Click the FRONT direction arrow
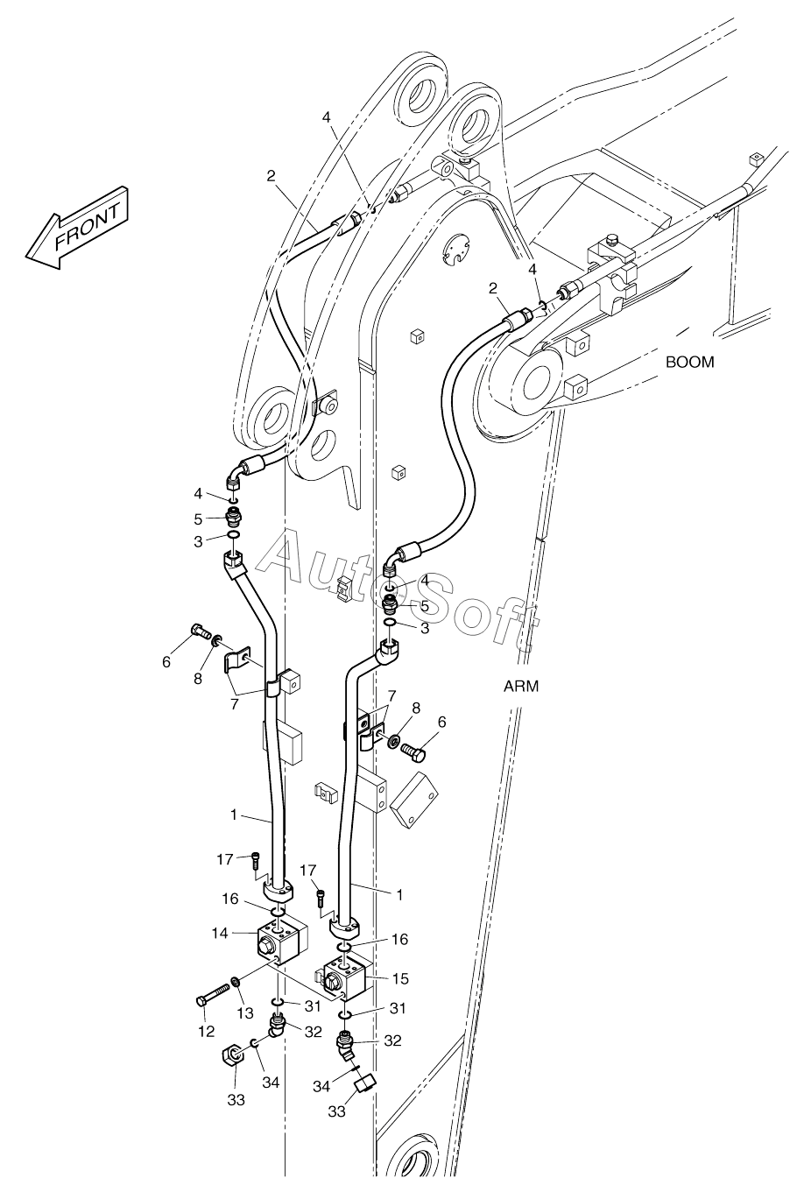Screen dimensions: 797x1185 click(x=77, y=228)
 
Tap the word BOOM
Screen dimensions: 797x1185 click(x=689, y=363)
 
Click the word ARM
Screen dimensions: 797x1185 click(x=521, y=686)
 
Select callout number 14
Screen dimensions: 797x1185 click(x=220, y=934)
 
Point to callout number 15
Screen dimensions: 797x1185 click(x=401, y=978)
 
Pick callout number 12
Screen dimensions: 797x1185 click(x=207, y=1031)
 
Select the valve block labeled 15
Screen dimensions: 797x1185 click(x=346, y=977)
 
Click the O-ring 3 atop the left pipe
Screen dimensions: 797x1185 click(x=234, y=535)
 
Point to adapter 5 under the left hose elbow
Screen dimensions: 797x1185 click(x=233, y=514)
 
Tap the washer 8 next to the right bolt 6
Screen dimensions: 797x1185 click(x=394, y=741)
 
